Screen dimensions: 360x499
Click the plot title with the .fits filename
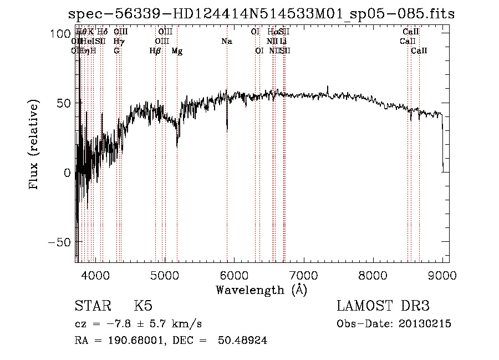tap(261, 14)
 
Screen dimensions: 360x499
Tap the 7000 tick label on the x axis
tap(304, 275)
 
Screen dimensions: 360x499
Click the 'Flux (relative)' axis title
tap(34, 145)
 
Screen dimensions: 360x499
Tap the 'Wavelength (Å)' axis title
tap(261, 290)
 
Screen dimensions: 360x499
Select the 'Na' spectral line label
tap(226, 42)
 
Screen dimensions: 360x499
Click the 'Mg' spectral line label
tap(177, 51)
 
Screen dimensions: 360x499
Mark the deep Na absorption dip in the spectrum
tap(227, 129)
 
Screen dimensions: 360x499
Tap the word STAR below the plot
tap(92, 306)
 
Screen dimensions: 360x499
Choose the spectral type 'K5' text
tap(143, 306)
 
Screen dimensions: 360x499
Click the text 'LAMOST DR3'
tap(383, 306)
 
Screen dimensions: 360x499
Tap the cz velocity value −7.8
tap(119, 324)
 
